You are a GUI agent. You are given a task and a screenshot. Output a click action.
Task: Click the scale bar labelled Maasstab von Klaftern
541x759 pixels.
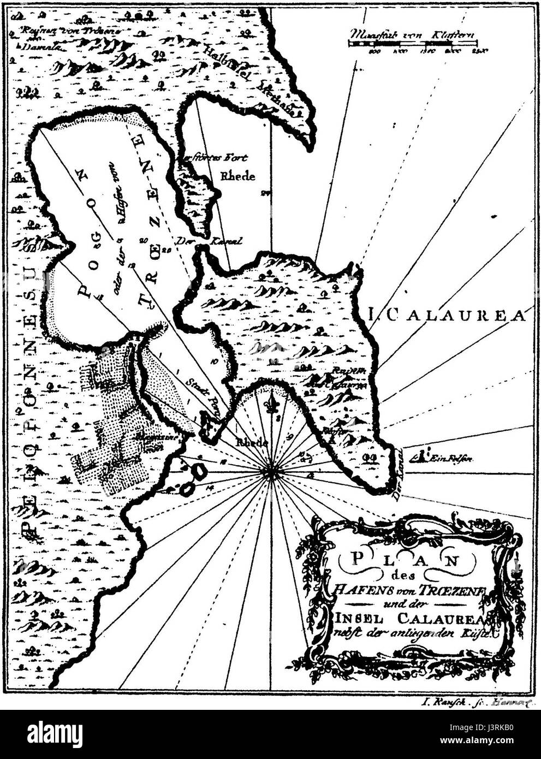(x=413, y=43)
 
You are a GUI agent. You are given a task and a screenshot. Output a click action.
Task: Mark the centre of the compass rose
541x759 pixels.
(x=271, y=472)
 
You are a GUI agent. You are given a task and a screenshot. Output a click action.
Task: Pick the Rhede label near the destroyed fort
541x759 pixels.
(x=237, y=176)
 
